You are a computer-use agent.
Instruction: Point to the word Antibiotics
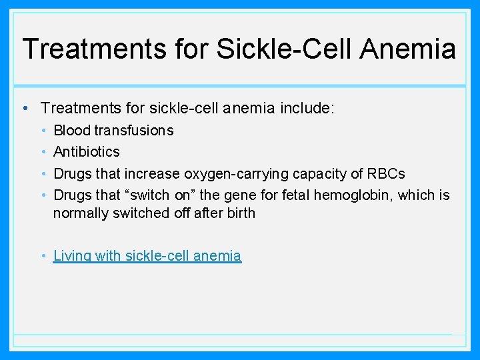tap(87, 152)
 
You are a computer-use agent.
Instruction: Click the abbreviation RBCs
tap(386, 174)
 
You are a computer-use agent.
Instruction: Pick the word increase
tap(151, 174)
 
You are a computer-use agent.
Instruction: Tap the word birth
tap(241, 214)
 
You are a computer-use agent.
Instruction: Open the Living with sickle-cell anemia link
tap(147, 256)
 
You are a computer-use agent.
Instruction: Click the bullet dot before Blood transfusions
tap(43, 131)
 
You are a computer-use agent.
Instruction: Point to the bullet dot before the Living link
tap(43, 257)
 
